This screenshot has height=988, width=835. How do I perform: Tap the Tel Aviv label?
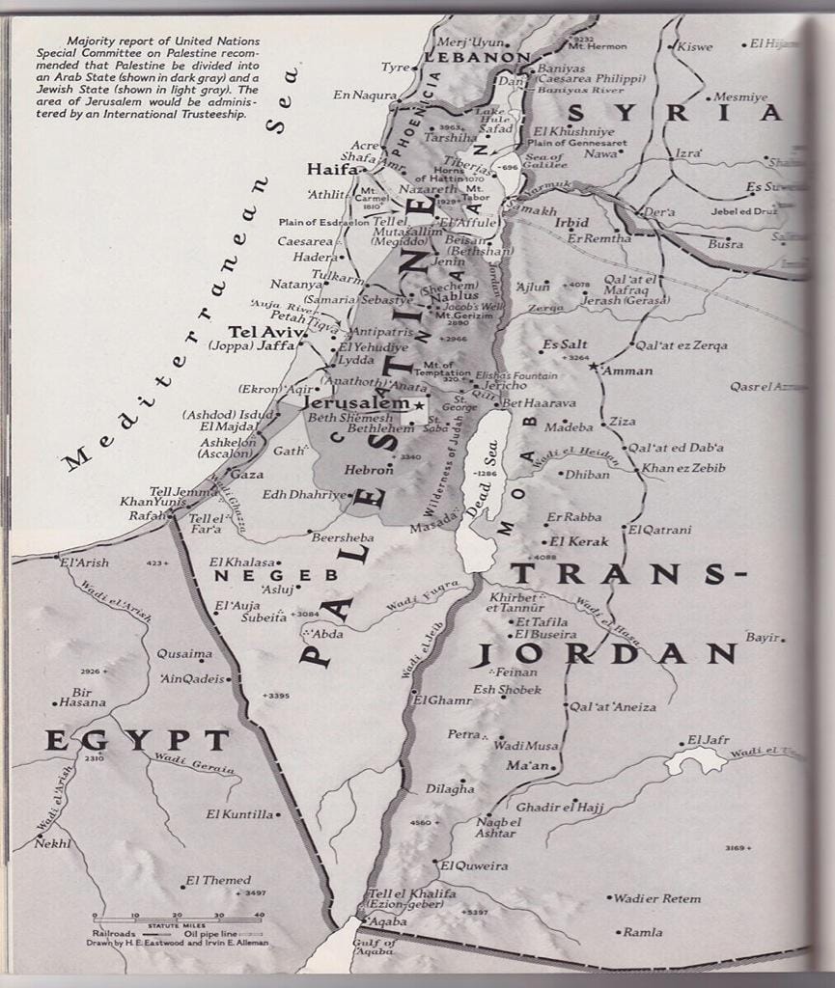click(265, 331)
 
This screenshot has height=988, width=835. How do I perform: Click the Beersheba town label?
click(341, 536)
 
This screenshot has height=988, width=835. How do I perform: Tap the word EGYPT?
click(136, 741)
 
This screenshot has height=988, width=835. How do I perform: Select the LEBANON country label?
click(478, 58)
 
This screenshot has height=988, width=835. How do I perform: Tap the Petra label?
click(463, 734)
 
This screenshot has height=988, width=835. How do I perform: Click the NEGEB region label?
click(276, 575)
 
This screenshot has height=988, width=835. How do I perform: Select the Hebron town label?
click(369, 471)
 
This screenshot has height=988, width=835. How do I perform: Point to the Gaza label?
click(246, 475)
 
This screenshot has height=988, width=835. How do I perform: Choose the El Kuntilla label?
click(239, 814)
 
